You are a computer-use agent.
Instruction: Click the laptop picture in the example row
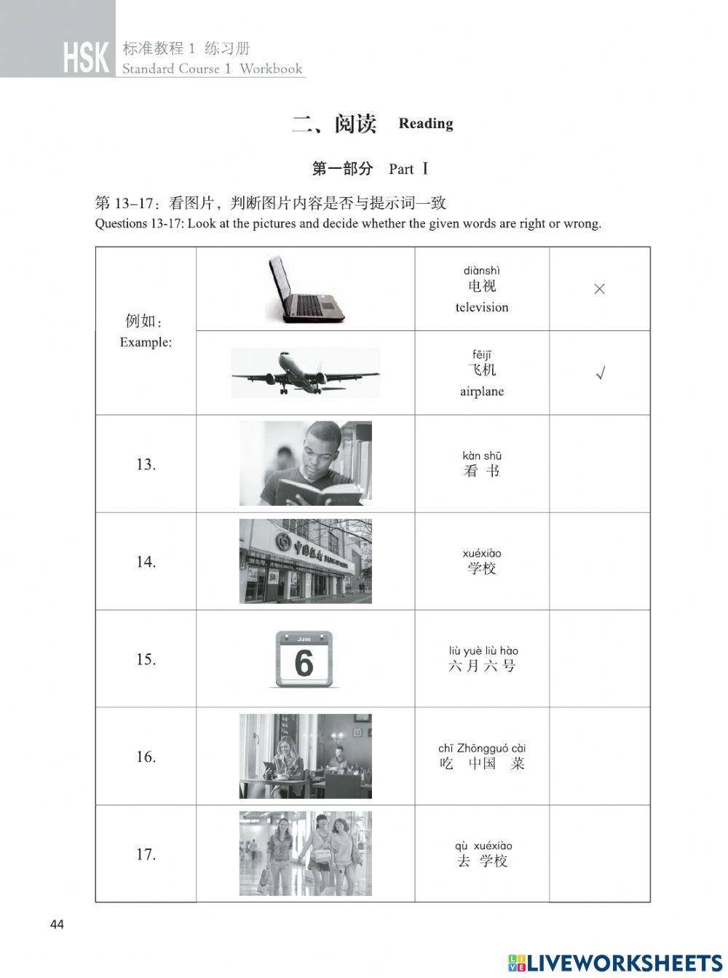tap(305, 289)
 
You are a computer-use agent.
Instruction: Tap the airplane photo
tap(305, 373)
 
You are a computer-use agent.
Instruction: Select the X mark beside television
tap(599, 289)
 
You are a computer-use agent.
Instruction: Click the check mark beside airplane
tap(600, 373)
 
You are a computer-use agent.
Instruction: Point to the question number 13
tap(146, 464)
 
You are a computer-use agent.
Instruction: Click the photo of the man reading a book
tap(305, 464)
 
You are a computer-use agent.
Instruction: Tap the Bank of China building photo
tap(305, 561)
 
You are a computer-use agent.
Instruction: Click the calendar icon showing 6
tap(304, 659)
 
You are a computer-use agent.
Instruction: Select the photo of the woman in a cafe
tap(305, 756)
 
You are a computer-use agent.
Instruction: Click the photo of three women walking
tap(305, 854)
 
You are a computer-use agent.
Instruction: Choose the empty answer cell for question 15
tap(599, 659)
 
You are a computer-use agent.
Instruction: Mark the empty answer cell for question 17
tap(599, 854)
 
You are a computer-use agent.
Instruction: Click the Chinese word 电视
tap(482, 286)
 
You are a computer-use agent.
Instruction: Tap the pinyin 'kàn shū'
tap(482, 456)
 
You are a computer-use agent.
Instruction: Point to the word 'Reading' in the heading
tap(426, 124)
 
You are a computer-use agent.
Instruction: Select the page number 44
tap(57, 924)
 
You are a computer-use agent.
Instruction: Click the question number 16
tap(146, 757)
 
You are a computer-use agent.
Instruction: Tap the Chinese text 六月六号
tap(482, 666)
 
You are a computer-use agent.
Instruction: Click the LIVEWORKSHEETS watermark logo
tap(615, 963)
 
